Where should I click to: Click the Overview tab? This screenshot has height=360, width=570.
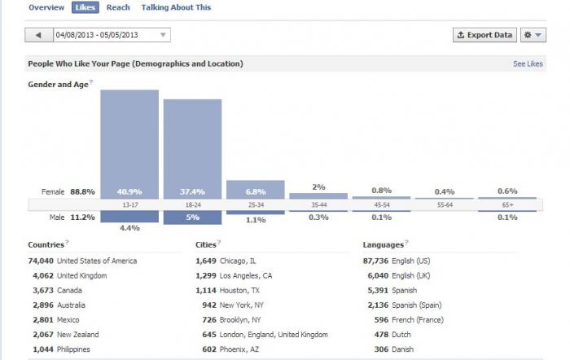pyautogui.click(x=46, y=7)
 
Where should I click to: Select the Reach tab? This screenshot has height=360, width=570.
pyautogui.click(x=118, y=7)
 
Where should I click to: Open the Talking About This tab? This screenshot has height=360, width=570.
pyautogui.click(x=177, y=7)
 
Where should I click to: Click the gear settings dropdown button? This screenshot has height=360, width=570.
pyautogui.click(x=533, y=35)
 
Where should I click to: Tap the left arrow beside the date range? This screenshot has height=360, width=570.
pyautogui.click(x=39, y=35)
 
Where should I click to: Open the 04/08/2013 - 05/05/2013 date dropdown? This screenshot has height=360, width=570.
pyautogui.click(x=112, y=35)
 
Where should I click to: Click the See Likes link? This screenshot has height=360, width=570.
pyautogui.click(x=528, y=64)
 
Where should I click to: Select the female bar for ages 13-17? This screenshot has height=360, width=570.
pyautogui.click(x=129, y=144)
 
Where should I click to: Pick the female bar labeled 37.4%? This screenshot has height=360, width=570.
pyautogui.click(x=192, y=149)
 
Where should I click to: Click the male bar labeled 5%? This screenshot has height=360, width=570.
pyautogui.click(x=192, y=217)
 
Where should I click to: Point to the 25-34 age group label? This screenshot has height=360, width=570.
pyautogui.click(x=256, y=204)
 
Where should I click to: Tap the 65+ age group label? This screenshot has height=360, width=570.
pyautogui.click(x=507, y=204)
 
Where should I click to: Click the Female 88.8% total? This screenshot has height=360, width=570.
pyautogui.click(x=68, y=191)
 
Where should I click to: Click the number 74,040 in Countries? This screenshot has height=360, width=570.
pyautogui.click(x=41, y=261)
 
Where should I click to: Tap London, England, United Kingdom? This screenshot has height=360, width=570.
pyautogui.click(x=274, y=335)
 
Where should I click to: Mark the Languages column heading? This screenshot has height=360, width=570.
pyautogui.click(x=384, y=244)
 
